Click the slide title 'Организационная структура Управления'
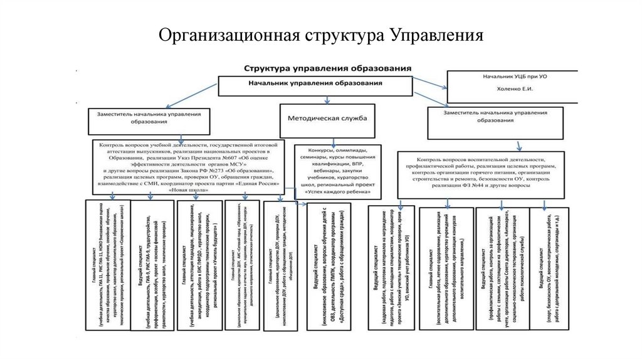(320, 33)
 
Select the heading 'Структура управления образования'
(328, 67)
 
